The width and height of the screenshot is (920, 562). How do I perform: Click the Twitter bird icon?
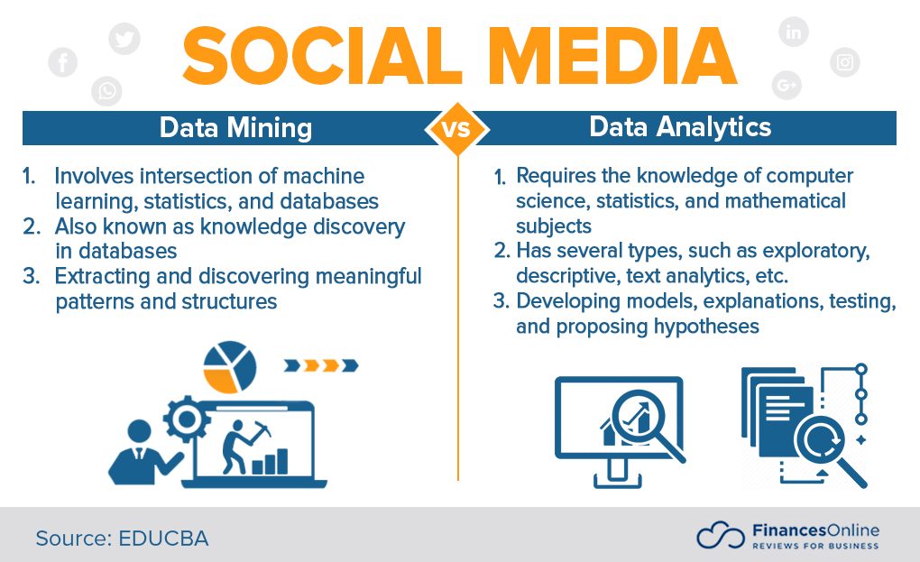(124, 38)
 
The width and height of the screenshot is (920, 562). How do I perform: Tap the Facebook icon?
(63, 62)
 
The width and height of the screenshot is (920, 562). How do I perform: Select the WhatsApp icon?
(107, 90)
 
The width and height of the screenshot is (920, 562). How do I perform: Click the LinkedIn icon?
(794, 32)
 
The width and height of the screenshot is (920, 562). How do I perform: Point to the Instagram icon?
(845, 62)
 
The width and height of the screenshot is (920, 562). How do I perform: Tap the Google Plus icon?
(787, 85)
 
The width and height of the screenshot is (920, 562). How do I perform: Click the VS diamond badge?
(457, 128)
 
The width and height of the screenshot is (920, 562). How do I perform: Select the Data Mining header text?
(235, 127)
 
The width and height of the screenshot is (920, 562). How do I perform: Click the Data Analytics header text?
(680, 126)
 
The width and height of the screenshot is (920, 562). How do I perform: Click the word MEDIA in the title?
(613, 56)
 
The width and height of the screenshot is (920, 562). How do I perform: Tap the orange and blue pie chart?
(230, 366)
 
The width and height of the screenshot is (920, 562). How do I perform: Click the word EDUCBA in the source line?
(163, 539)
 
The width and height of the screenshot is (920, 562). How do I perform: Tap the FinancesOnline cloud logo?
(719, 536)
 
